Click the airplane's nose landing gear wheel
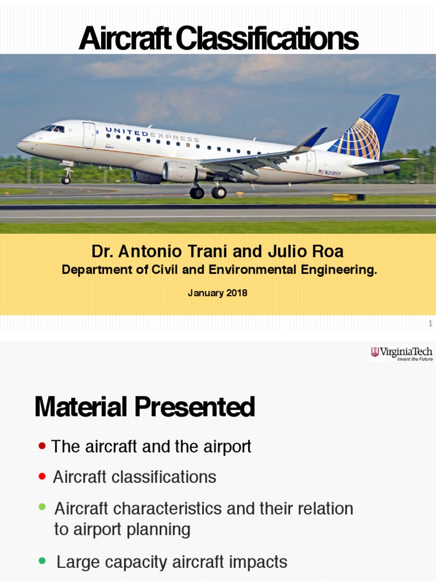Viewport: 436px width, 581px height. pyautogui.click(x=66, y=180)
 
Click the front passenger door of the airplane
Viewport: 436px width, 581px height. pyautogui.click(x=89, y=135)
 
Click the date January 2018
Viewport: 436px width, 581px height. pyautogui.click(x=217, y=293)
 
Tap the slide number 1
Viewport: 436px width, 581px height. pyautogui.click(x=430, y=323)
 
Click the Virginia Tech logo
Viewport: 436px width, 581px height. pyautogui.click(x=401, y=354)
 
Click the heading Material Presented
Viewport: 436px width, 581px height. pyautogui.click(x=145, y=407)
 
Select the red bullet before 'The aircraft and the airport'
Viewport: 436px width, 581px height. pyautogui.click(x=42, y=447)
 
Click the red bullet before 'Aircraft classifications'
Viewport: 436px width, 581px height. pyautogui.click(x=42, y=477)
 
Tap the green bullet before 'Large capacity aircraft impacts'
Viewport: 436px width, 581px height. pyautogui.click(x=42, y=561)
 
